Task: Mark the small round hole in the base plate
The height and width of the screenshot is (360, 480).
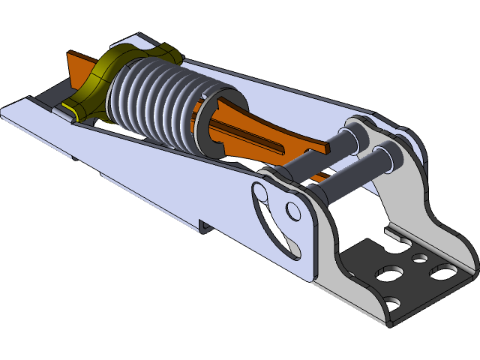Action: [420, 259]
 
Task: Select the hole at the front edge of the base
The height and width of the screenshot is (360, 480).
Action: [393, 304]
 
